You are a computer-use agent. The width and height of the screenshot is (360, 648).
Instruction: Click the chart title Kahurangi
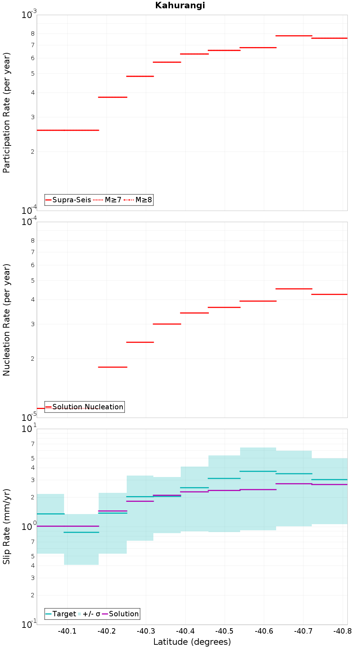(x=180, y=5)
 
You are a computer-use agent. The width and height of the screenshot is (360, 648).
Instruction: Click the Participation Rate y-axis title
(x=7, y=113)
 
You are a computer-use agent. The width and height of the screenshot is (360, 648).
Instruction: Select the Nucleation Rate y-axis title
(x=7, y=320)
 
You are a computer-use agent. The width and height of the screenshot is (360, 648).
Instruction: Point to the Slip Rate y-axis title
(x=7, y=527)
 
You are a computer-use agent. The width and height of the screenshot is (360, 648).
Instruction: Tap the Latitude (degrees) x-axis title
(x=192, y=642)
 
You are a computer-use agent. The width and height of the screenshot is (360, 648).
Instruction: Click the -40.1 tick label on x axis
(x=67, y=631)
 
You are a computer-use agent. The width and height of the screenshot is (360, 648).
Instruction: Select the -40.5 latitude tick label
(x=224, y=631)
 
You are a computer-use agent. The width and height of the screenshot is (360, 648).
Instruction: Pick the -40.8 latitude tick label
(x=342, y=631)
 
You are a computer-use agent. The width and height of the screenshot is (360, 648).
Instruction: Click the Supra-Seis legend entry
(x=68, y=200)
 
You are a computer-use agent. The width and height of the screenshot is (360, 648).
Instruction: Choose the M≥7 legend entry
(x=108, y=200)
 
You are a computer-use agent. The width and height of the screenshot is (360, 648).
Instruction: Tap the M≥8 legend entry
(x=139, y=200)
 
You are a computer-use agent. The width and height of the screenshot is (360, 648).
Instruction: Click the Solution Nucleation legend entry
(x=85, y=407)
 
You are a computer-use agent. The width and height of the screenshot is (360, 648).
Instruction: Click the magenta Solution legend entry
(x=121, y=614)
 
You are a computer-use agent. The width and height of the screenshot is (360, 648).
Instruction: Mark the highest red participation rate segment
(x=294, y=36)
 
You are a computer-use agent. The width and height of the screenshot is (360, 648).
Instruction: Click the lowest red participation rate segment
(x=68, y=130)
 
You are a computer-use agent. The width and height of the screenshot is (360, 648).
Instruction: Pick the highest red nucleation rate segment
(x=294, y=289)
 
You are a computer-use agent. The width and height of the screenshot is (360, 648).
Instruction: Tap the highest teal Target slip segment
(x=258, y=471)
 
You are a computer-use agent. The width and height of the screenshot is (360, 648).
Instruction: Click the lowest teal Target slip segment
(x=81, y=532)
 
